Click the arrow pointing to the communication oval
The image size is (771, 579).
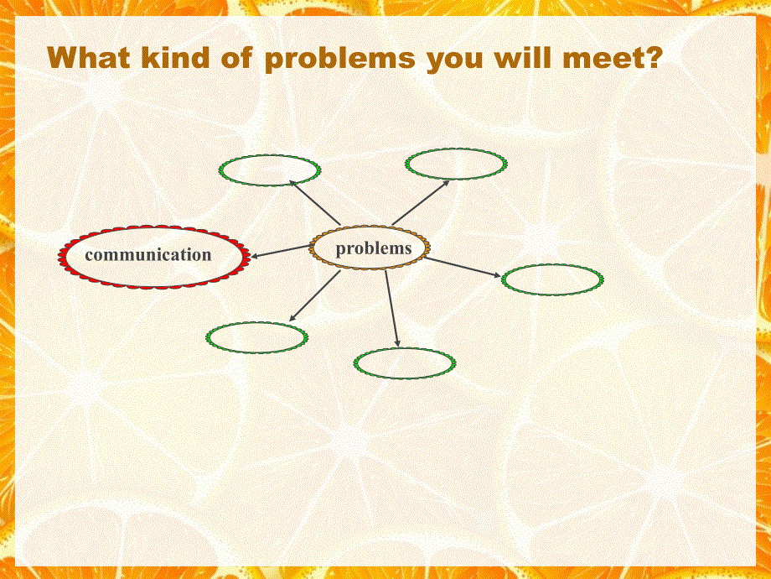[x=281, y=251]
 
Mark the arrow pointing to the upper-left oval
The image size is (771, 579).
[x=315, y=203]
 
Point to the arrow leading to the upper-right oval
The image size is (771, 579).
[x=421, y=202]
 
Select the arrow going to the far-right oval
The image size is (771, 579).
[x=463, y=267]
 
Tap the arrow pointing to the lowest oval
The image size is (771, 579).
[x=392, y=308]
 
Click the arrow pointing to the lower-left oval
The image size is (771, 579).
[x=315, y=295]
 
